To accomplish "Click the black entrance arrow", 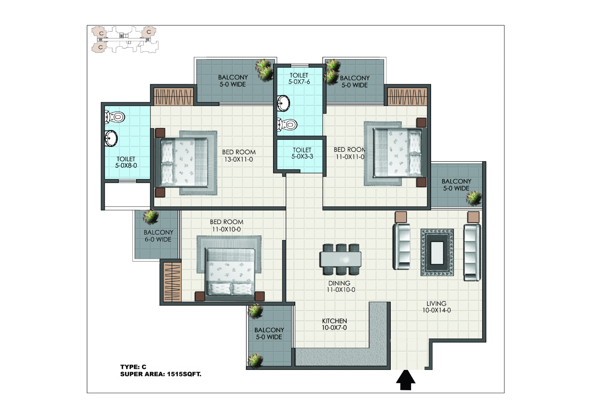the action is coord(406,380).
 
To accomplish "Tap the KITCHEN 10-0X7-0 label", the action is coord(334,324).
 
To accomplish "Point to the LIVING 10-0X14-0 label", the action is coord(436,307).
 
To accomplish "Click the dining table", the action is coord(340,259).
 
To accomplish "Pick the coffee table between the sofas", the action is coord(437,252).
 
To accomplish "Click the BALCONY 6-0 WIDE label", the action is coord(158,236).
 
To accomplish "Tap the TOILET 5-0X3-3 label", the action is coord(302,153).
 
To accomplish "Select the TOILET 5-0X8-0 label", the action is coord(126,162).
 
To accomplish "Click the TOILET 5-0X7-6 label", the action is coord(299,78).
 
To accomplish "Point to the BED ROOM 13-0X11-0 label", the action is coord(239,156).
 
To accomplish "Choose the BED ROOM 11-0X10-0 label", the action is coord(226,225).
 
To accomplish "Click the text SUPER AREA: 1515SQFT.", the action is coord(161,374).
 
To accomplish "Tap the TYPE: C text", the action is coord(133,367).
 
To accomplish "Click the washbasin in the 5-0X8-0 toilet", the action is coord(111,138).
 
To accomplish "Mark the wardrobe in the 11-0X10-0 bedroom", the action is coord(172,282).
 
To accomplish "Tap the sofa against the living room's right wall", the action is coord(472,252).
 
